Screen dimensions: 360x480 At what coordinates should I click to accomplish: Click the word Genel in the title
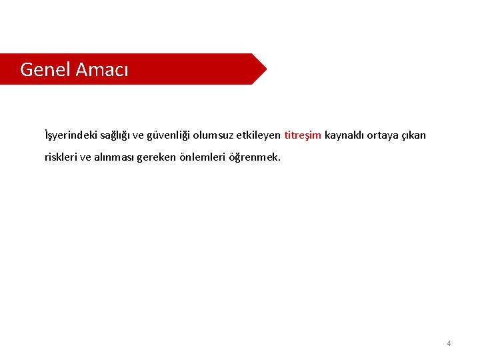click(x=45, y=69)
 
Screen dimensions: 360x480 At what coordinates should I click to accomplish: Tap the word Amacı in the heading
click(x=102, y=69)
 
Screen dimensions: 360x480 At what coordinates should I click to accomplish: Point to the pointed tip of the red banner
click(x=265, y=69)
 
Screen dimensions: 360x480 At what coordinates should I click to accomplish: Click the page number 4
click(x=449, y=343)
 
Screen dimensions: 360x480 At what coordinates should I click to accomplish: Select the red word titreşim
click(x=303, y=135)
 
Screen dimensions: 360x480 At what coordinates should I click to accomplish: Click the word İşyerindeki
click(x=70, y=135)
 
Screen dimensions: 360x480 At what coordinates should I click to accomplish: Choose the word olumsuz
click(x=213, y=135)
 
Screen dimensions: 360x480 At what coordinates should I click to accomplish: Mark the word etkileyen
click(x=259, y=135)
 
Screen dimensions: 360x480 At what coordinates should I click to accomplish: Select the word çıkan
click(x=414, y=135)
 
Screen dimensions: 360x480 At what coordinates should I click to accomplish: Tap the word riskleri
click(x=60, y=158)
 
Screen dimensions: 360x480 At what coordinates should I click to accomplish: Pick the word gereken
click(x=159, y=158)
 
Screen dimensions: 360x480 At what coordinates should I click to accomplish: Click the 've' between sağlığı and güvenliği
click(x=138, y=135)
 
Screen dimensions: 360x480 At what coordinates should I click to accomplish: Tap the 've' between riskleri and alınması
click(x=85, y=158)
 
